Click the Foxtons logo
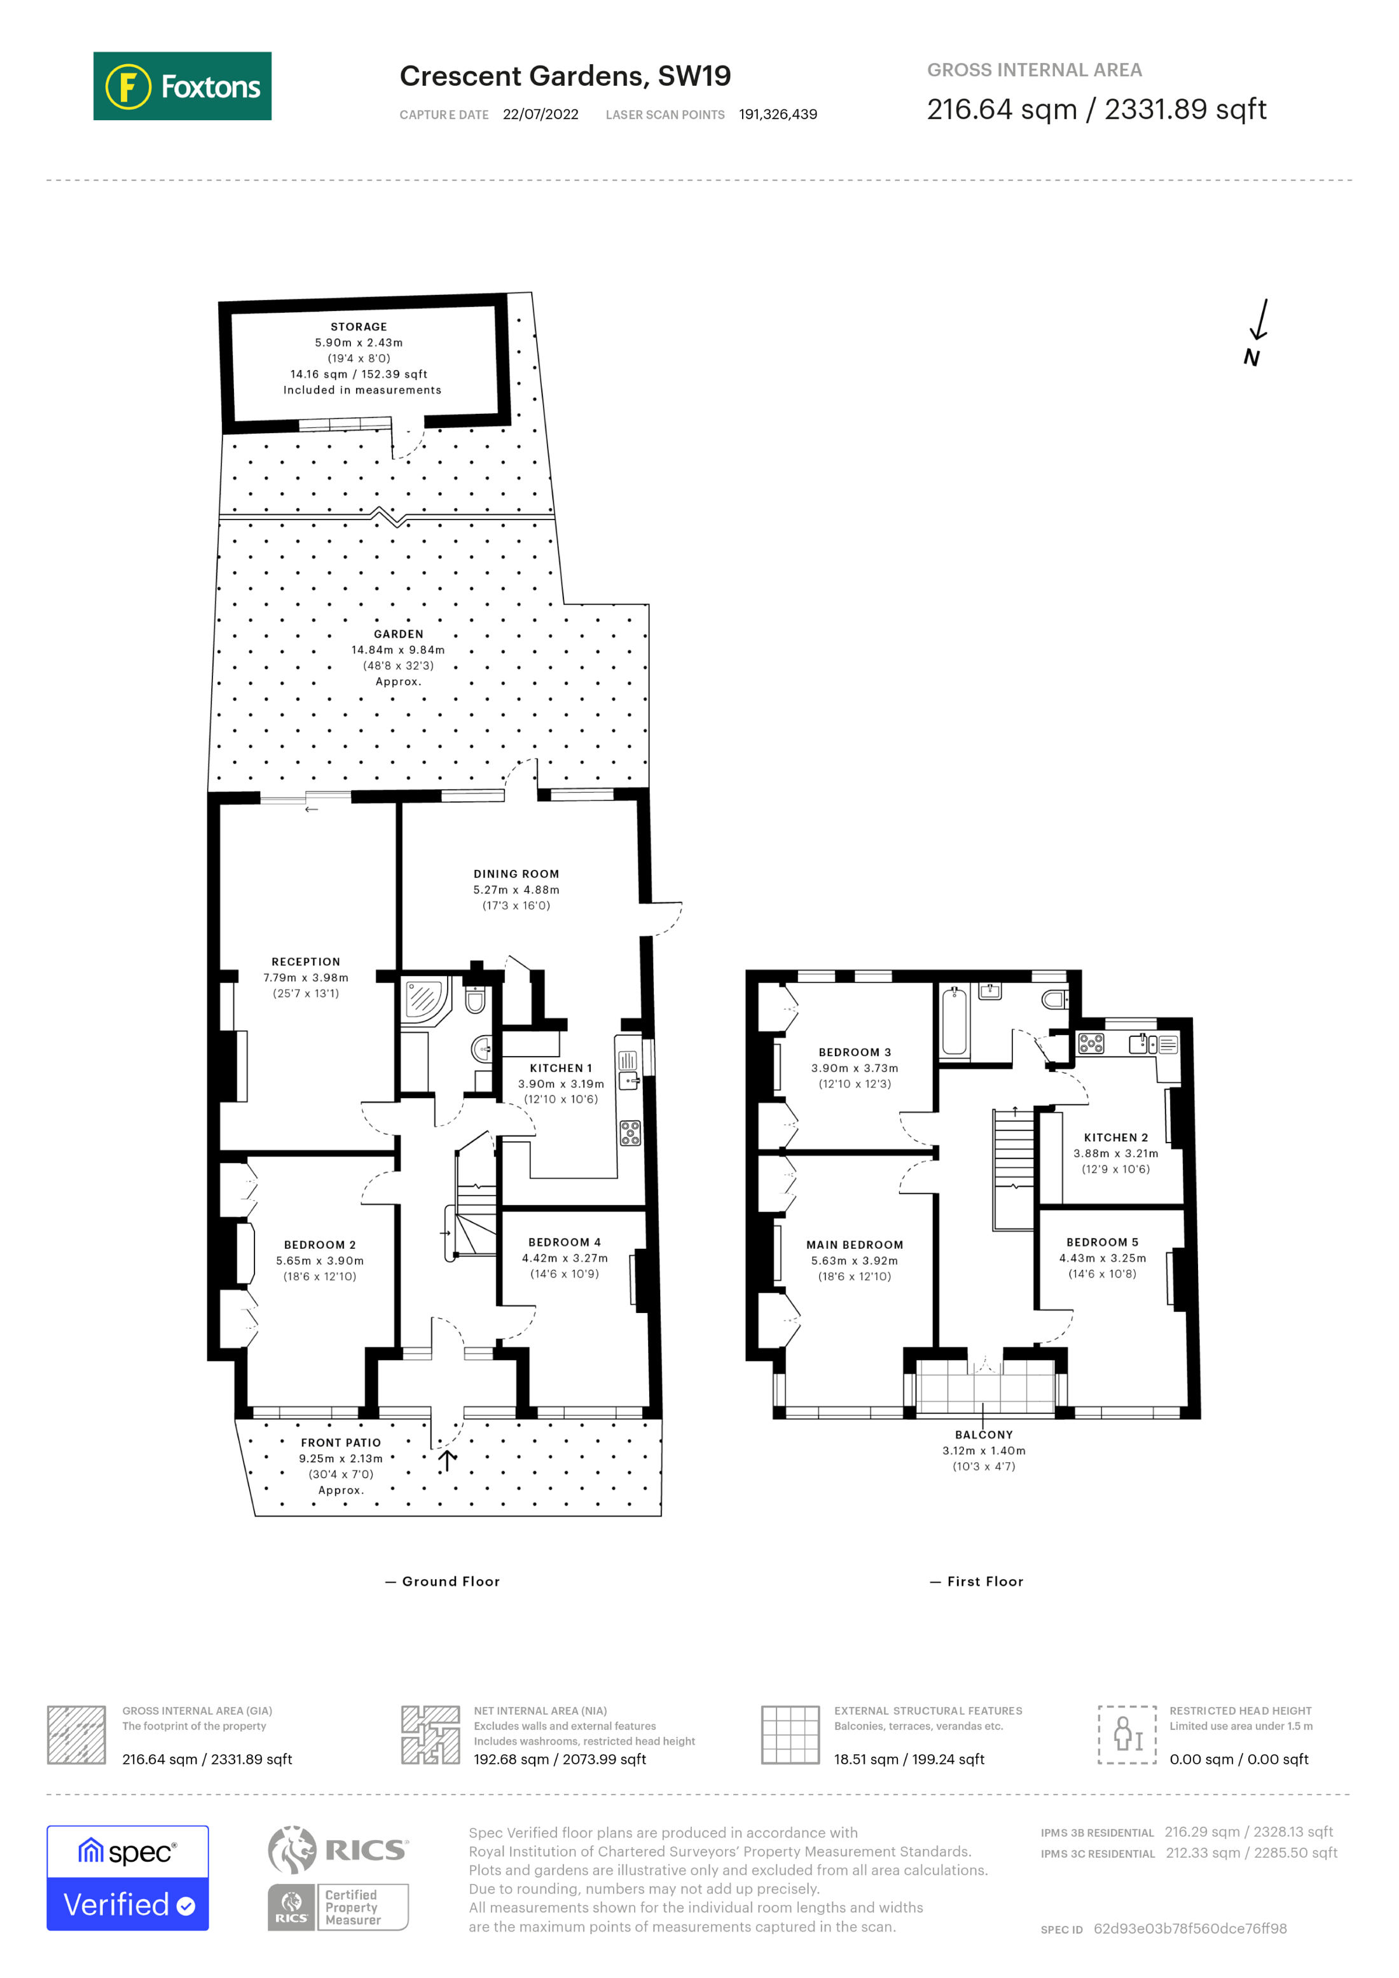[182, 86]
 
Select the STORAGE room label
[359, 327]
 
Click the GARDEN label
[398, 634]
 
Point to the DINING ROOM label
[516, 874]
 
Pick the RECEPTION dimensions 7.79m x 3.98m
[306, 978]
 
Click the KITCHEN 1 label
[561, 1068]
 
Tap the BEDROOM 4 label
[564, 1242]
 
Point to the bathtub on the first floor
[954, 1022]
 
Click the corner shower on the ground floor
[425, 999]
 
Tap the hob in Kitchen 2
[1091, 1044]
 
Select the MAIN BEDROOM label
[855, 1245]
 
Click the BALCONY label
[984, 1435]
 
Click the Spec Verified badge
[127, 1878]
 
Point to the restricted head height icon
[1127, 1734]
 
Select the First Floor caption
[984, 1582]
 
